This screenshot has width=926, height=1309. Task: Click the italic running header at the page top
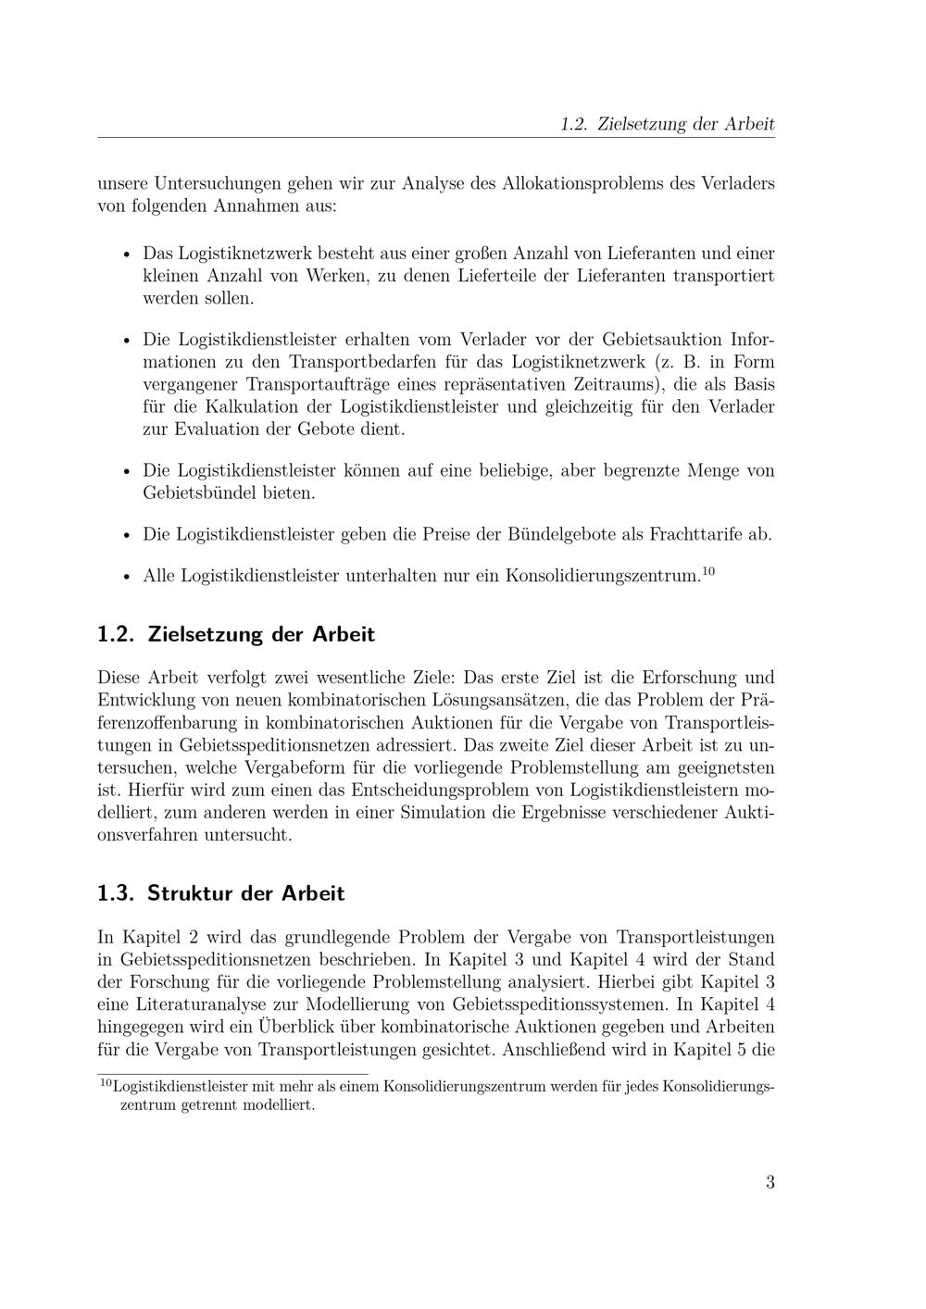(667, 124)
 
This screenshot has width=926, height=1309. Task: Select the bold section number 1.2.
(117, 635)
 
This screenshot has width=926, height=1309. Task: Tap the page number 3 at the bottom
(770, 1182)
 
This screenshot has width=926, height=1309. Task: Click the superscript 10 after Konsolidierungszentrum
(708, 570)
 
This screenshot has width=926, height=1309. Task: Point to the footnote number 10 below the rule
(105, 1082)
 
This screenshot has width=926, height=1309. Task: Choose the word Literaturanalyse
(207, 1005)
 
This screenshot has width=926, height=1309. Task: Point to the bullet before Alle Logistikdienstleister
(126, 577)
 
